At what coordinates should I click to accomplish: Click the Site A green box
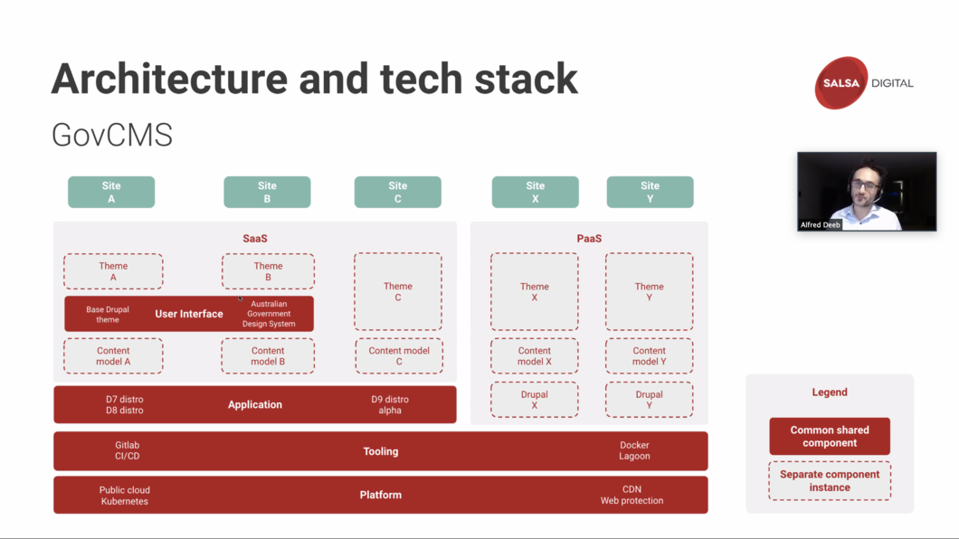coord(111,192)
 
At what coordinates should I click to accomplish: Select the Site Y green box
coord(650,192)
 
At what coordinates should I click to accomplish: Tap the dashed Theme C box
coord(397,291)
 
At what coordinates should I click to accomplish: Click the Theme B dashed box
coord(268,271)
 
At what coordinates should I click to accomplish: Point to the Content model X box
coord(535,355)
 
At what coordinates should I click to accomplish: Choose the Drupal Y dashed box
coord(649,400)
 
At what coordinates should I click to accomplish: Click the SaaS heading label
coord(255,239)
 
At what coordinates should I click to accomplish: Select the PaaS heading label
coord(589,239)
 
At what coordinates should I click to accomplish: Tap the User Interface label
coord(189,314)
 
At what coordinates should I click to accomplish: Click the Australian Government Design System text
coord(269,314)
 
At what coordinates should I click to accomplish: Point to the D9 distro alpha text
coord(390,404)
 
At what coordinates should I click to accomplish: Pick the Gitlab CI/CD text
coord(128,450)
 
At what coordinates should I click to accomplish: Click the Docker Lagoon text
coord(634,450)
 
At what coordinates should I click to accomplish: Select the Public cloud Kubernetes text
coord(125,495)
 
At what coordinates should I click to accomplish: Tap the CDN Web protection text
coord(631,495)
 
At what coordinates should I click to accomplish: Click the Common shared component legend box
coord(830,436)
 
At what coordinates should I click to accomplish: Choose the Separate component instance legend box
coord(830,481)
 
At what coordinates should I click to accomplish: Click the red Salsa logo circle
coord(841,83)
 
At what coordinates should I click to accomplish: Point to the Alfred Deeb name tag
coord(821,225)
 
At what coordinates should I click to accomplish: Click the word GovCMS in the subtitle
coord(112,135)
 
